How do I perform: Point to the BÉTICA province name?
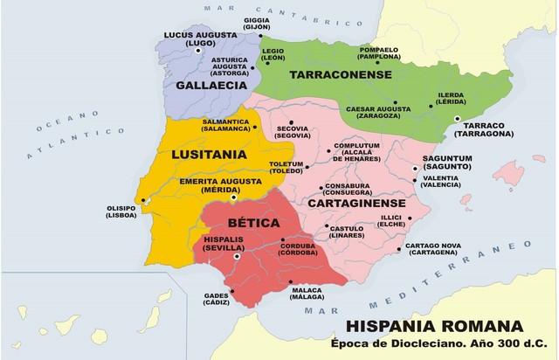click(x=248, y=223)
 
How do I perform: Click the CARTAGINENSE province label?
click(x=353, y=203)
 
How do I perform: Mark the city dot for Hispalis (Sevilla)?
click(x=237, y=257)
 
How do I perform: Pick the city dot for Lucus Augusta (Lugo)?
click(x=199, y=51)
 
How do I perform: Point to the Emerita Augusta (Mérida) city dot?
click(x=232, y=197)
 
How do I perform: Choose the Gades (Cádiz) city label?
click(x=217, y=300)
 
